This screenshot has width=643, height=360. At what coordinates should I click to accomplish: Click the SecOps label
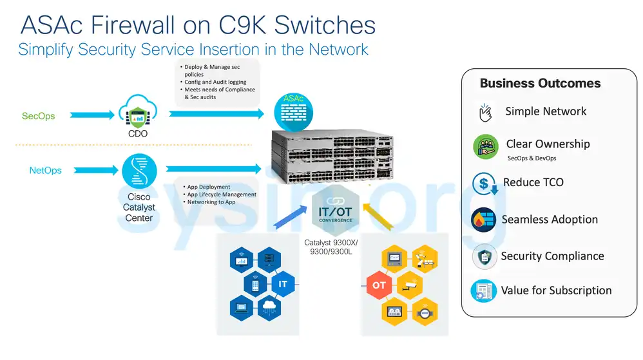point(38,116)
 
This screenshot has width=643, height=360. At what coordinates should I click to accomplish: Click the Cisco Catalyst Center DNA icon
point(139,171)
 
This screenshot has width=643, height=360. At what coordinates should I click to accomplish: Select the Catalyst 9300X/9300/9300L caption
point(331,247)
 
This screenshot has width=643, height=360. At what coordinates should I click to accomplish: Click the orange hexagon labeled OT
point(379,285)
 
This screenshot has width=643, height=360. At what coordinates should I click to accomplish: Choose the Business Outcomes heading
point(540,83)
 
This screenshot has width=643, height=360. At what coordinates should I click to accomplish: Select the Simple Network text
point(545,111)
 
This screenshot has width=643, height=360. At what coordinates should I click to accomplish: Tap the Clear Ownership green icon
point(485,147)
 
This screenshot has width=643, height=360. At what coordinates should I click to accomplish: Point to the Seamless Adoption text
point(550,220)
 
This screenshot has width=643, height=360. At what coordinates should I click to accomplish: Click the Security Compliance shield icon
point(484,256)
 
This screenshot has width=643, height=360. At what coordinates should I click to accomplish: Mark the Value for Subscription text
point(556,290)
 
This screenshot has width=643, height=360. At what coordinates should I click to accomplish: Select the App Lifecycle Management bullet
point(221,194)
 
